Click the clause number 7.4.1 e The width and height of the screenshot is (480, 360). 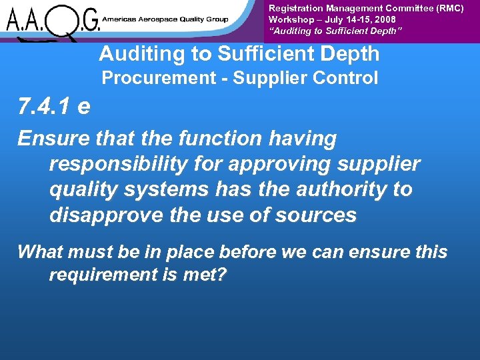click(x=54, y=107)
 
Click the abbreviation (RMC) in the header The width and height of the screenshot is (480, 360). click(x=446, y=8)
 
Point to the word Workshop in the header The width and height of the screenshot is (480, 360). click(x=291, y=20)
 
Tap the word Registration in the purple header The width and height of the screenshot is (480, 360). click(x=295, y=8)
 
